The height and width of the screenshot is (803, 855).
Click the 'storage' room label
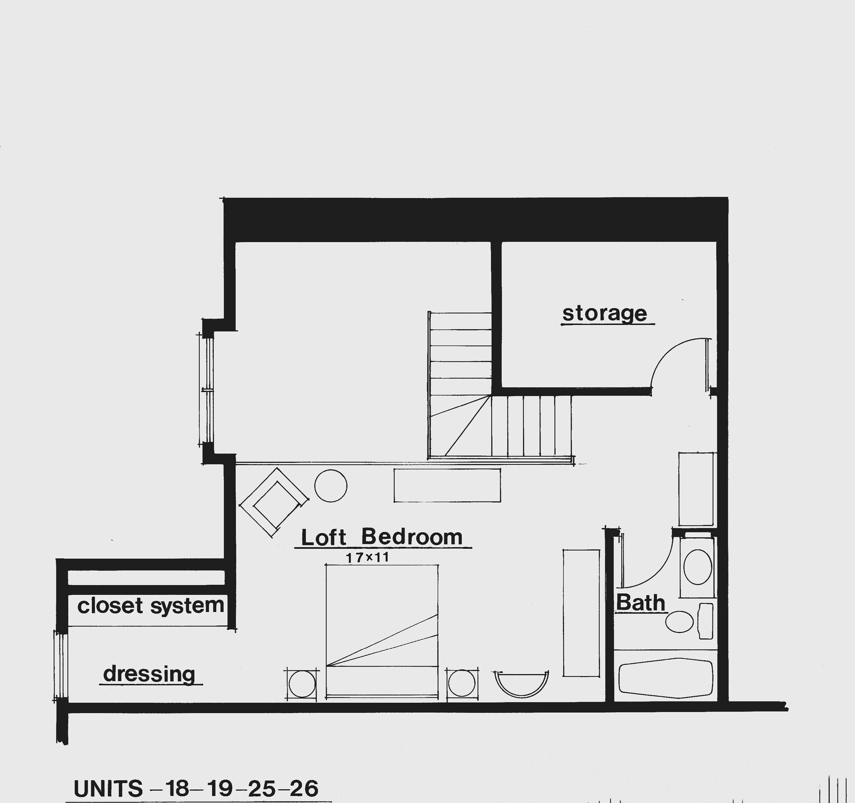click(x=605, y=313)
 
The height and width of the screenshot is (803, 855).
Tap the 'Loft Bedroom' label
click(x=382, y=537)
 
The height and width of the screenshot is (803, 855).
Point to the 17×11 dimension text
click(x=367, y=558)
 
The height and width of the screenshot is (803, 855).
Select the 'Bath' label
click(x=640, y=603)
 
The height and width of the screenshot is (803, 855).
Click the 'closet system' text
click(x=151, y=606)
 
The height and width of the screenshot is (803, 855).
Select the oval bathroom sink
click(x=697, y=567)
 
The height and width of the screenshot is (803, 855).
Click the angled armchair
click(x=274, y=502)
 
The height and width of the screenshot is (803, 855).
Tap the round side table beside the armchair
click(x=331, y=486)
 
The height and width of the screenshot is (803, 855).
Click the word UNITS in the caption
click(x=108, y=789)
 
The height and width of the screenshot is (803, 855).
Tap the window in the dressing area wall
click(x=60, y=666)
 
